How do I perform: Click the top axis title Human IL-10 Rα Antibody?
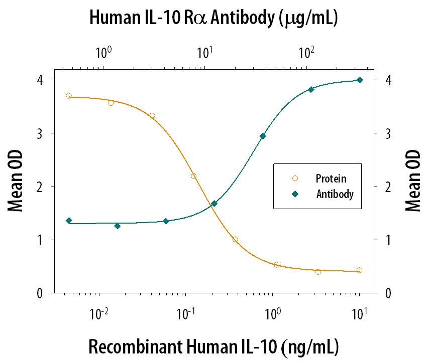213,19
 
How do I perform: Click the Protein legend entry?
331,178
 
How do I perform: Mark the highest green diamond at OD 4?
359,80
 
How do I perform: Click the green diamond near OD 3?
262,136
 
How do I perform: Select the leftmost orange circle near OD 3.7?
69,96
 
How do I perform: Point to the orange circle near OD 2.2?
193,176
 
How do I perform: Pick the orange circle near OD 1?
235,239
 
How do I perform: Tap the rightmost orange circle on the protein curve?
359,270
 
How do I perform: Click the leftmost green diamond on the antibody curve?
69,221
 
